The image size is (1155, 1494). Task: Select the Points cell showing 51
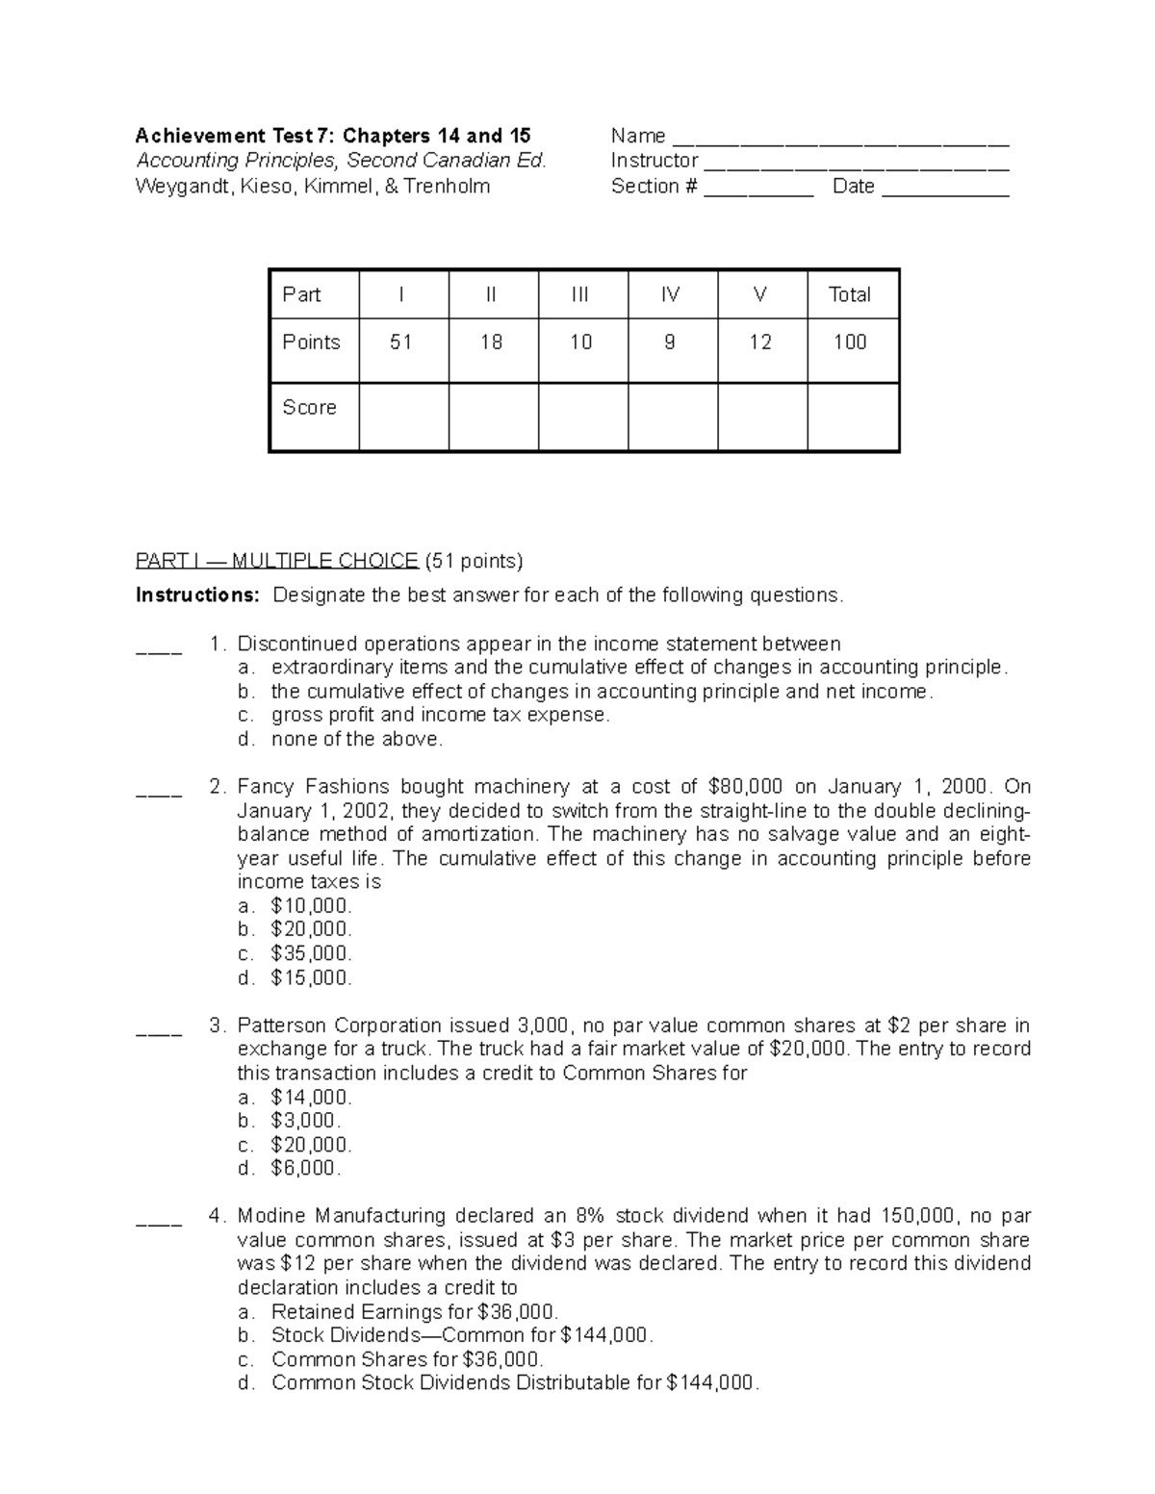tap(401, 342)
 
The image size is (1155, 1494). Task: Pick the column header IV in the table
tap(671, 294)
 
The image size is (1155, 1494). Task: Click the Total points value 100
tap(850, 342)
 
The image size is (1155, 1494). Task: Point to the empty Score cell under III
tap(581, 418)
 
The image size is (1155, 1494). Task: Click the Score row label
tap(309, 408)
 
